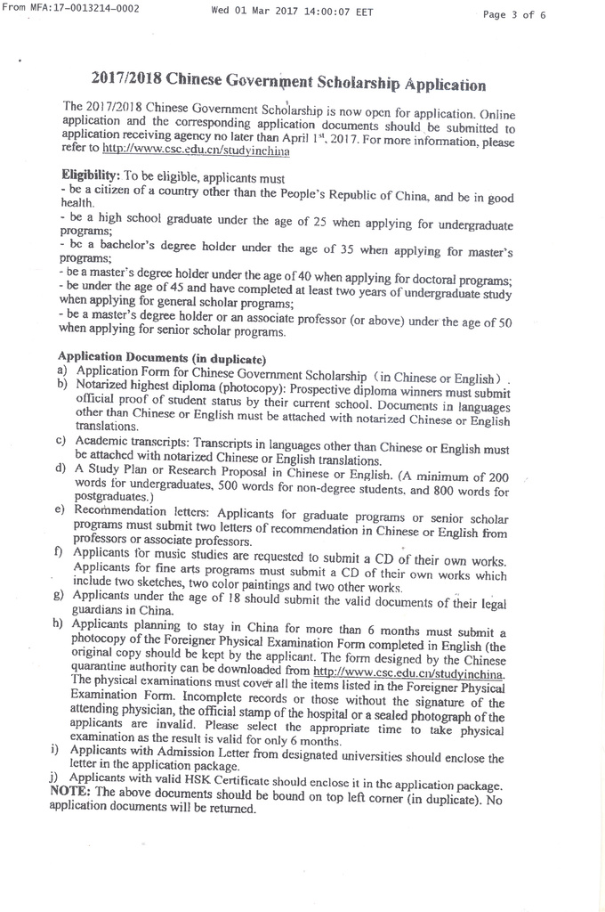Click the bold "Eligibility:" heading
(x=90, y=176)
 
